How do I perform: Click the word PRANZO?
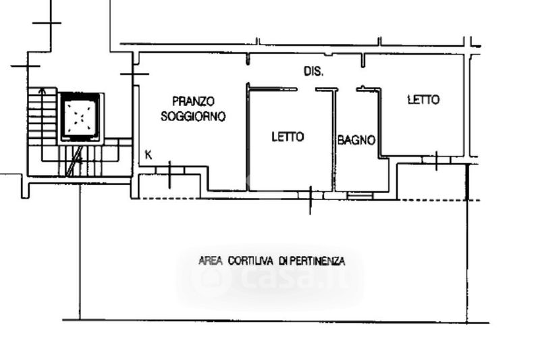click(x=193, y=101)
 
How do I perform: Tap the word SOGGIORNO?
click(x=193, y=116)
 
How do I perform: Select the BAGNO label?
click(x=356, y=140)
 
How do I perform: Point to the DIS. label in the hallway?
click(x=313, y=72)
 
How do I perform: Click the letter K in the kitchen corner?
click(x=148, y=155)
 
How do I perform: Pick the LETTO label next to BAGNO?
click(x=288, y=136)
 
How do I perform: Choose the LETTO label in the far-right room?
click(x=424, y=100)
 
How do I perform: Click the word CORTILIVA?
click(x=250, y=261)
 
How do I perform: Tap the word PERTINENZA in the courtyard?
click(x=317, y=261)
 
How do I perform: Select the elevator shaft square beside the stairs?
click(x=82, y=117)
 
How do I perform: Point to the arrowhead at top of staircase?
click(x=42, y=91)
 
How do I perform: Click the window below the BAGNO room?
click(x=360, y=196)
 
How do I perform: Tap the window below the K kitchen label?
click(x=169, y=170)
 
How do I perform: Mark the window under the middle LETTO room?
click(x=310, y=195)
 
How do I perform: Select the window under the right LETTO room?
click(x=436, y=160)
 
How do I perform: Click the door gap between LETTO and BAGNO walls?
click(x=306, y=90)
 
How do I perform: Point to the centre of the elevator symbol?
click(x=82, y=117)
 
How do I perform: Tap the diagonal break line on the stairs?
click(x=75, y=161)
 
